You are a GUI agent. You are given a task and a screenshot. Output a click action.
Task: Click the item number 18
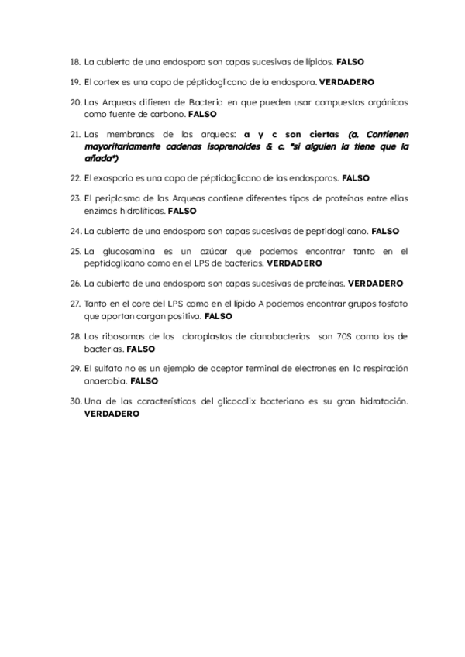(75, 61)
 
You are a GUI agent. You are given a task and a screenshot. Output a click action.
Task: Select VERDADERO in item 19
(347, 81)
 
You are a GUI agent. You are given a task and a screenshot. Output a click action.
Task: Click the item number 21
(75, 133)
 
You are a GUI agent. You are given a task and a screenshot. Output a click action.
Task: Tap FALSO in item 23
(182, 210)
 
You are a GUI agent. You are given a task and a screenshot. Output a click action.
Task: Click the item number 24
(75, 231)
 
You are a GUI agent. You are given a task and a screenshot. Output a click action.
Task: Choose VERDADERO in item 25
(294, 263)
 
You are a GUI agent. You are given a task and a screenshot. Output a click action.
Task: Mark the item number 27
(75, 304)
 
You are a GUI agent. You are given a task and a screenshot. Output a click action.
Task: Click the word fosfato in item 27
(391, 304)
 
